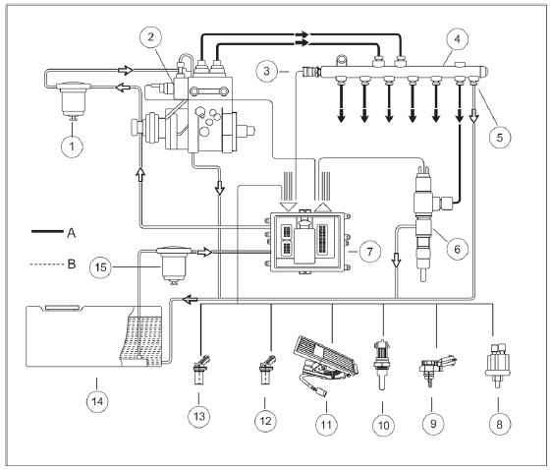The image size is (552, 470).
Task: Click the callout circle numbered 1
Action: click(72, 146)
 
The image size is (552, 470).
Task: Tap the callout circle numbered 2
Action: click(150, 36)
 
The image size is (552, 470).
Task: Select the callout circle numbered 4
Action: click(457, 39)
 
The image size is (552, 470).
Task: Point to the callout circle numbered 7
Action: click(369, 252)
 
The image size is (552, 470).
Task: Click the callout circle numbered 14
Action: click(97, 401)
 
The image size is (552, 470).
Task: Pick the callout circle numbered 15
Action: click(101, 267)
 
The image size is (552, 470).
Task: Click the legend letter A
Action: click(72, 232)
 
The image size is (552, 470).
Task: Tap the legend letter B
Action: click(72, 264)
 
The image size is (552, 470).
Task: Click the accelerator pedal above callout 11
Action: click(326, 367)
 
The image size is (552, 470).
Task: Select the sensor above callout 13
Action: click(200, 370)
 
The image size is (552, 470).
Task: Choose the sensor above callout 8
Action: click(498, 366)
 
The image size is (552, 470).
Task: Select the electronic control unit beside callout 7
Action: click(308, 243)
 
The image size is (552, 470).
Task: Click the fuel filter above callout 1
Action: click(73, 99)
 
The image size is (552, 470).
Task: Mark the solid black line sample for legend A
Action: click(47, 231)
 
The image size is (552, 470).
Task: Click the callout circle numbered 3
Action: click(266, 71)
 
